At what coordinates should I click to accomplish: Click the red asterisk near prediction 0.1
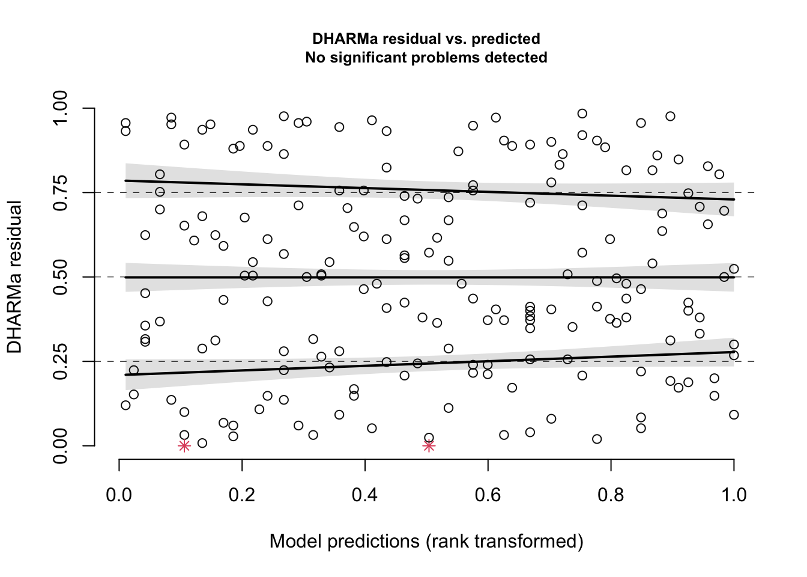pos(184,446)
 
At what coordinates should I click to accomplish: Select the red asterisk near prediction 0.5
pos(429,446)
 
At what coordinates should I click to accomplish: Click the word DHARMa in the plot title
pos(340,39)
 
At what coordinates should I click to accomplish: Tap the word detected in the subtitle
pos(518,58)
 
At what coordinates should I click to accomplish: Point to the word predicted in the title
pos(506,39)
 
